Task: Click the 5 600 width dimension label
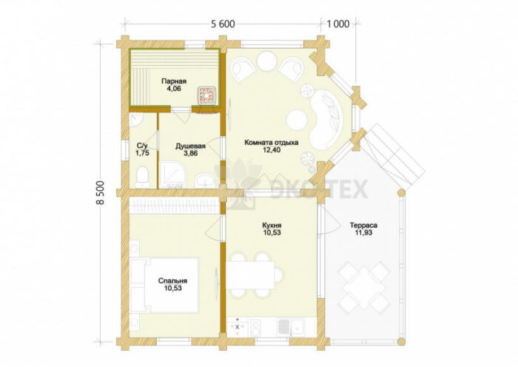click(x=223, y=24)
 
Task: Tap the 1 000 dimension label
click(x=338, y=24)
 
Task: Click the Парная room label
click(x=174, y=81)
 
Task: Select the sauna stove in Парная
click(x=207, y=95)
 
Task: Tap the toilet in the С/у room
click(x=143, y=176)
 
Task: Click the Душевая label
click(x=190, y=146)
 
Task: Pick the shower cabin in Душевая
click(x=172, y=175)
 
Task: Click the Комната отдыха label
click(x=272, y=143)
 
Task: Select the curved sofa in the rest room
click(x=326, y=120)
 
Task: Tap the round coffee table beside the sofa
click(x=297, y=121)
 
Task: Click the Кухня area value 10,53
click(x=272, y=232)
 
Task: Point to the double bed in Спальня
click(x=165, y=286)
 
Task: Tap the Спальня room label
click(x=172, y=280)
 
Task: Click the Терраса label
click(x=363, y=225)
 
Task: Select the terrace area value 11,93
click(x=363, y=232)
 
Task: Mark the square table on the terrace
click(x=364, y=287)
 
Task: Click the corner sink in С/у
click(x=135, y=121)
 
